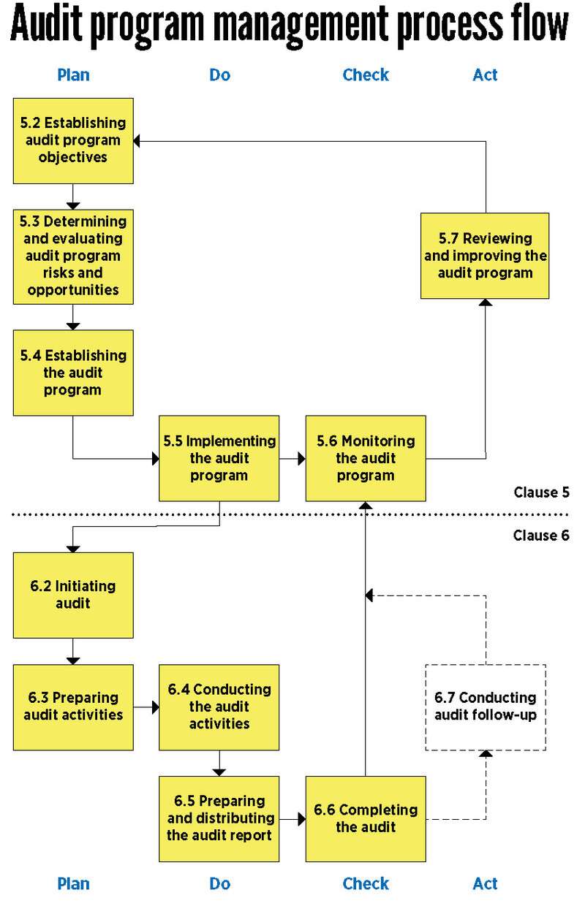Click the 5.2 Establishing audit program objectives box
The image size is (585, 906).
73,140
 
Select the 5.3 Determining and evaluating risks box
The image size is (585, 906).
73,256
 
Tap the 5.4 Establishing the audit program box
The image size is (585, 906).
73,373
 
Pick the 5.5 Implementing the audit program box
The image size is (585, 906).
219,458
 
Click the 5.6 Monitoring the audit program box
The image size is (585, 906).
366,458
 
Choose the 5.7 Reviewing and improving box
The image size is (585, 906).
485,256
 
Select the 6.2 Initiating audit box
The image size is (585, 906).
73,595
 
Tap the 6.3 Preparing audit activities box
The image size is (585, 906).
73,707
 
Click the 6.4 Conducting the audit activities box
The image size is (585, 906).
219,707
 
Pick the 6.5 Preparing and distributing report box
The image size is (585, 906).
219,818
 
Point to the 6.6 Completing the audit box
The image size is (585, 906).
366,818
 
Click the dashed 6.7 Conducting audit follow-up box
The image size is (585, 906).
486,707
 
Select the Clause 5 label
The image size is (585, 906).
541,492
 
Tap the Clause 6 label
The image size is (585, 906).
541,536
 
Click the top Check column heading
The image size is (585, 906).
366,75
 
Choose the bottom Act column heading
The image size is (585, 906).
485,883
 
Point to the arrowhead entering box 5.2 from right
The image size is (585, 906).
138,140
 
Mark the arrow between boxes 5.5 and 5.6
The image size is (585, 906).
292,459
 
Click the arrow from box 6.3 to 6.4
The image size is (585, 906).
146,707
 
